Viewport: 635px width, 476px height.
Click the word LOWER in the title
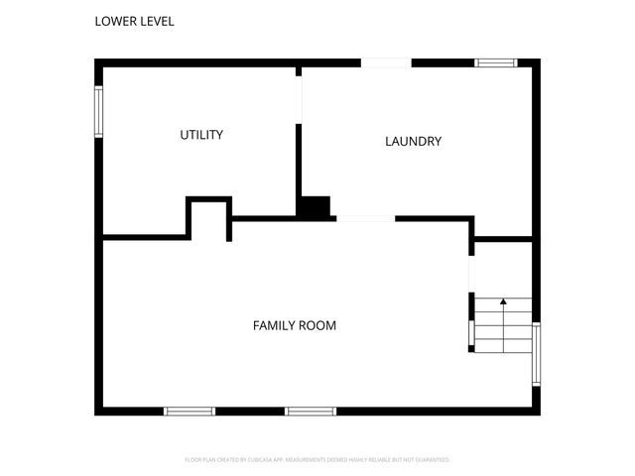(x=115, y=21)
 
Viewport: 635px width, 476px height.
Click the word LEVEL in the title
(x=156, y=21)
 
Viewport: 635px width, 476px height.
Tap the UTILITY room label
(x=201, y=135)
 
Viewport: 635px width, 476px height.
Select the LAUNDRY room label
(x=413, y=142)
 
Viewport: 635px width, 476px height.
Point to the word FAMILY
(x=274, y=325)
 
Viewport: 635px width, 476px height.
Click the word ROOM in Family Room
(x=317, y=325)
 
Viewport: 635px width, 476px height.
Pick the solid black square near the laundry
(x=316, y=207)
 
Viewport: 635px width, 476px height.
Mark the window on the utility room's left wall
(x=99, y=112)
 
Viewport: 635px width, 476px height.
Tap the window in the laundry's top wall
(x=496, y=63)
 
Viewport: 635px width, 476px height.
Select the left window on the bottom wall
(x=190, y=411)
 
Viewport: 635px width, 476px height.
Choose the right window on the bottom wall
(x=311, y=411)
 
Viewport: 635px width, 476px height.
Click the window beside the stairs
(x=536, y=354)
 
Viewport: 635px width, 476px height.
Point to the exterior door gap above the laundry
(x=386, y=63)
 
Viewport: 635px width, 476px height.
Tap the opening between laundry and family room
(x=365, y=218)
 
